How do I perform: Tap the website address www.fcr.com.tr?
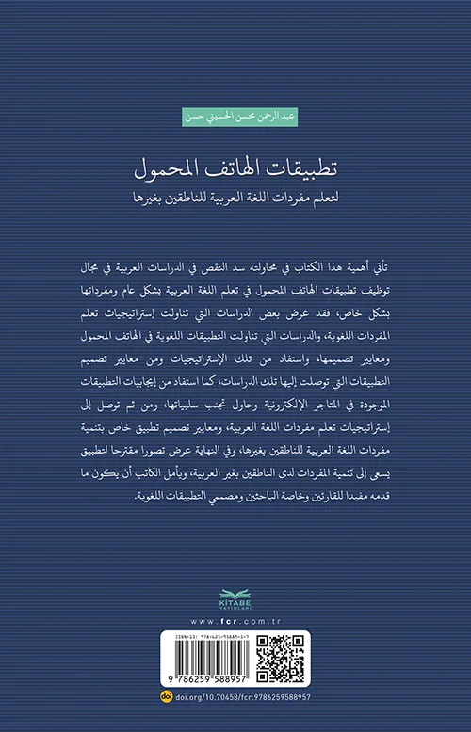tap(235, 622)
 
